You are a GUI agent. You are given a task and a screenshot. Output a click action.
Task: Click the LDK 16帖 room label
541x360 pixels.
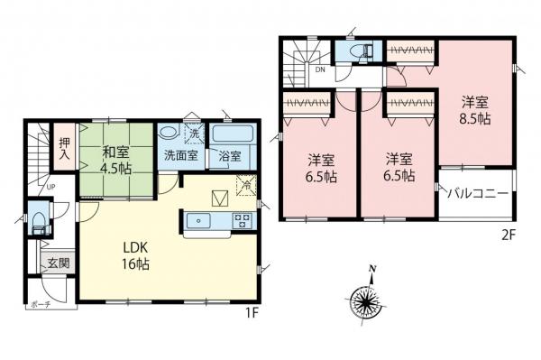pos(135,255)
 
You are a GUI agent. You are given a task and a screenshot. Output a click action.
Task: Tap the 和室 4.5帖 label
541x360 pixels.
pos(115,161)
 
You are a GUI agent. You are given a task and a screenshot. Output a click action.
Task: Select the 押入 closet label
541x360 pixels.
pos(64,149)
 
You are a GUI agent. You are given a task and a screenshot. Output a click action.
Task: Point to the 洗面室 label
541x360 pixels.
pos(181,156)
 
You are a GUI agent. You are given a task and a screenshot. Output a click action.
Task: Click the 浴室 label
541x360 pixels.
pos(230,156)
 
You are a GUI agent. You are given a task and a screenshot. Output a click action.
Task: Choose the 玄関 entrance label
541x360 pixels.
pos(59,263)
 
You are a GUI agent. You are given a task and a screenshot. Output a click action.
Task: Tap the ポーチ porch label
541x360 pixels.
pos(41,305)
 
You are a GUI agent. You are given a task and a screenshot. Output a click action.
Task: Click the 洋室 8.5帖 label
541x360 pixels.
pos(474,111)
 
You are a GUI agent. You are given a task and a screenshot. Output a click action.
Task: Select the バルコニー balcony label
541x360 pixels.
pos(478,194)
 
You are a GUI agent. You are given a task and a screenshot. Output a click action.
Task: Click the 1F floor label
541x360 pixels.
pos(252,313)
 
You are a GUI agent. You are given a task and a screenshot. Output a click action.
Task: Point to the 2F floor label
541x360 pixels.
pos(508,235)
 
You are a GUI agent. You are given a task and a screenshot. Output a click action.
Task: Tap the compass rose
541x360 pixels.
pos(366,301)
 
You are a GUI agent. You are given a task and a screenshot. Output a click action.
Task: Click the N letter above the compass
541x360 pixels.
pos(371,268)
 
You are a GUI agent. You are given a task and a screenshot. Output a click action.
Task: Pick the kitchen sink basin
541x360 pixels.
pos(198,220)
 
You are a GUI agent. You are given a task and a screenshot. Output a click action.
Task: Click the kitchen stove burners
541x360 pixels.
pos(243,220)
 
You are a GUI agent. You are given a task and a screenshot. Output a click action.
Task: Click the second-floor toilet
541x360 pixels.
pos(361,52)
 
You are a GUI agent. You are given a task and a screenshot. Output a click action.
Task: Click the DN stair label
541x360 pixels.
pos(320,69)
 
